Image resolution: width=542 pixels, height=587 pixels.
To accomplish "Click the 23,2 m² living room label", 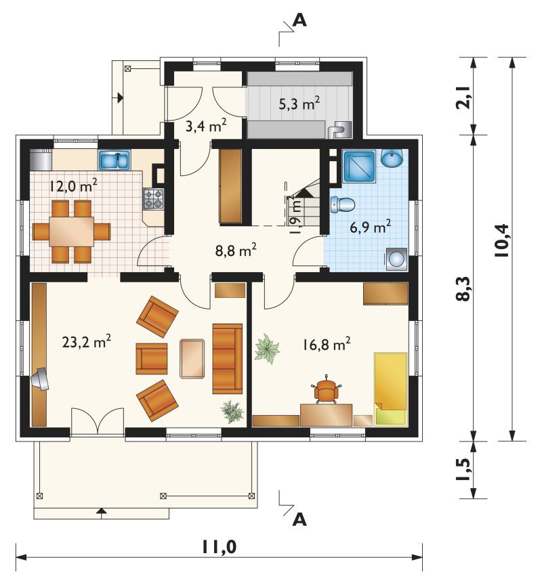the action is tap(87, 341).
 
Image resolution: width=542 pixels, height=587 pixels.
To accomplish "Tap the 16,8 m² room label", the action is tap(327, 344).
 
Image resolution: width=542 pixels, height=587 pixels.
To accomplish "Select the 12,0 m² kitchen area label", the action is tap(73, 186).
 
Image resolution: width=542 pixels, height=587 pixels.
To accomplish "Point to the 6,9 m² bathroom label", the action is tap(371, 227).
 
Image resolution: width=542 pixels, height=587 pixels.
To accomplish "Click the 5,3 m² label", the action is tap(299, 104).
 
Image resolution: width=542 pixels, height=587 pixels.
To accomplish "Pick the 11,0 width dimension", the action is tap(220, 547).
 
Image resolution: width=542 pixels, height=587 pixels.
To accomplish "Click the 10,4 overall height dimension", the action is tap(501, 240).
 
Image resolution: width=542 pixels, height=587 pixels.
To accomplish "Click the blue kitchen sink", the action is tap(114, 160).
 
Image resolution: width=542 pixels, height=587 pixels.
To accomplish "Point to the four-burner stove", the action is tap(154, 199).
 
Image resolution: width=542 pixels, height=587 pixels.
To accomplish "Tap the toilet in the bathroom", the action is tap(343, 204).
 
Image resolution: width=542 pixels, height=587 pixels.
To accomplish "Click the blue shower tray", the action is tap(359, 167).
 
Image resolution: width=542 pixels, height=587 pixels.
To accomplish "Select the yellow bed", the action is tap(391, 389).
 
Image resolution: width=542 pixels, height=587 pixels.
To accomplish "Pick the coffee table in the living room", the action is tap(192, 359).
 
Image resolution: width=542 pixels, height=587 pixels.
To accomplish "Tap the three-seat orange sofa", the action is tap(228, 359).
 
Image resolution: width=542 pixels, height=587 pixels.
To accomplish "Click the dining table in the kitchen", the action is tap(72, 232).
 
